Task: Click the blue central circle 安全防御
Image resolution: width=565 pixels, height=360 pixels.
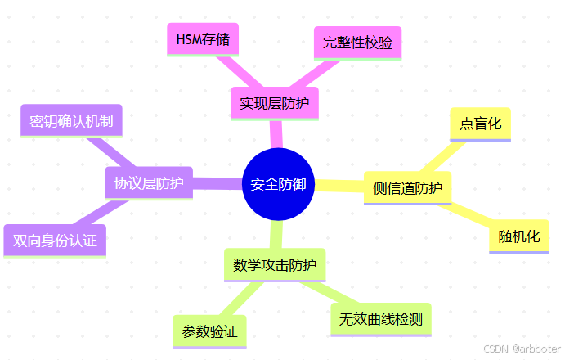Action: tap(278, 185)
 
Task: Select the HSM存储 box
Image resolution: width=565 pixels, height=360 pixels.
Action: tap(202, 38)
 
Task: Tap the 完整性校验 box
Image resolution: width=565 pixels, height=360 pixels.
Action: tap(357, 42)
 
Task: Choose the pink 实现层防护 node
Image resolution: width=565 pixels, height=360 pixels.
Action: tap(274, 104)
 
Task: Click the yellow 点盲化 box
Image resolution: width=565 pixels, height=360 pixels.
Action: tap(481, 124)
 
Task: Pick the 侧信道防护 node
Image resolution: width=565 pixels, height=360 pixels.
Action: tap(406, 188)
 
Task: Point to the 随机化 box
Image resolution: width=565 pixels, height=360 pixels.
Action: tap(519, 236)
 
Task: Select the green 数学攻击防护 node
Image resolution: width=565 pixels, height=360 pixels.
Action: tap(274, 265)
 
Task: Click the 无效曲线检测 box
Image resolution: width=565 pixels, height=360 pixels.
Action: tap(381, 319)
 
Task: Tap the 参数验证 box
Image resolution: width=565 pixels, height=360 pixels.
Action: tap(209, 331)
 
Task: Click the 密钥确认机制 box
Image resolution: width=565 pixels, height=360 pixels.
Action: tap(71, 121)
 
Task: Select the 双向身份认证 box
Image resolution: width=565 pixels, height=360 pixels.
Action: tap(55, 241)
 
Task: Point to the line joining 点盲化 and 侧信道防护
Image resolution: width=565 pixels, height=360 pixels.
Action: tap(445, 156)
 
